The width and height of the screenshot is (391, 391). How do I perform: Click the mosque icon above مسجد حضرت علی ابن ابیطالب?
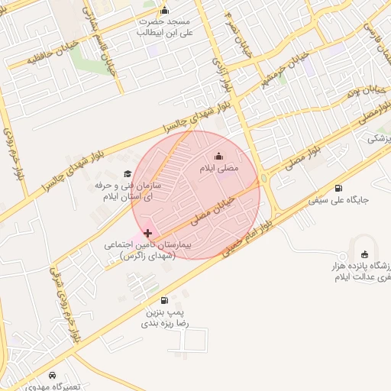[163, 11]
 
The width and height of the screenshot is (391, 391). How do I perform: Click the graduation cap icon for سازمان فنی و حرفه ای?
[127, 174]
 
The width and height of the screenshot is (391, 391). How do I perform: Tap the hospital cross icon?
[147, 232]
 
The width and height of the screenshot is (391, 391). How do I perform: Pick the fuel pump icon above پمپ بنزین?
[166, 300]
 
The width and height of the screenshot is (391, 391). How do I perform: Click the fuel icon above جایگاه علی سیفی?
[338, 189]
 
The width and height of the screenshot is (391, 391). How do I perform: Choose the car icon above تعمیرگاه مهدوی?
[51, 375]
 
